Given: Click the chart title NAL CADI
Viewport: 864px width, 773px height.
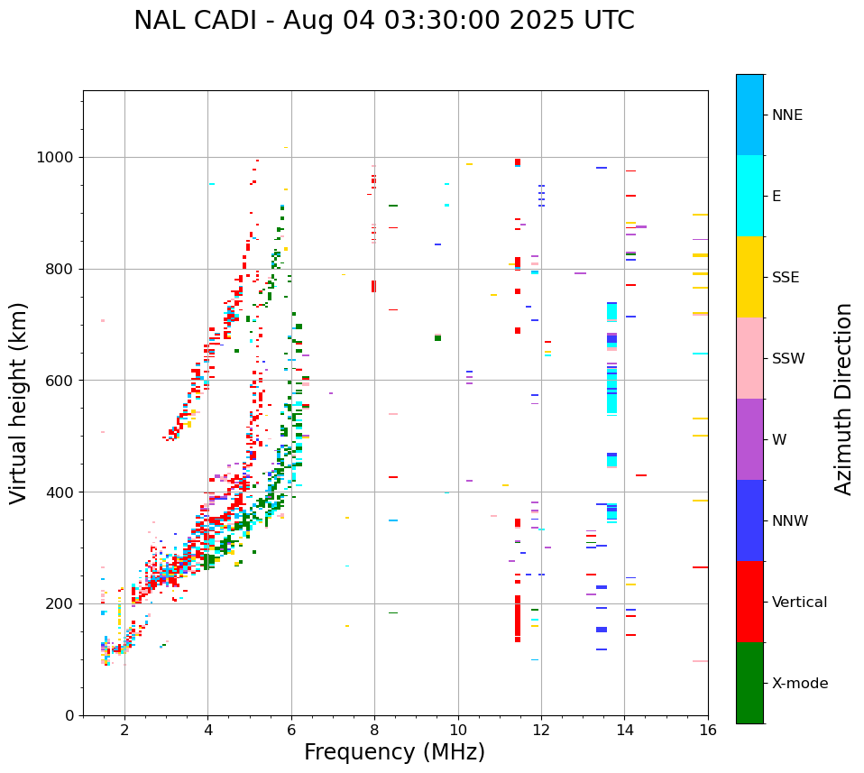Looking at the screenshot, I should coord(383,21).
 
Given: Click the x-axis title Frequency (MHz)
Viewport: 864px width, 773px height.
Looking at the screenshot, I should coord(394,752).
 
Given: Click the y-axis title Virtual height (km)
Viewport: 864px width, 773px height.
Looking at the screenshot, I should coord(19,402).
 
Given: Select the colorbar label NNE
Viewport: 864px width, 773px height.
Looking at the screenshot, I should coord(786,115).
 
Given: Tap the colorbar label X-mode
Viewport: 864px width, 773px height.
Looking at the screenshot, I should coord(799,684).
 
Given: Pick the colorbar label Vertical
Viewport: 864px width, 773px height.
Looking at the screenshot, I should coord(799,603).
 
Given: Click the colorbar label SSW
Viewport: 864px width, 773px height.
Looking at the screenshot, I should coord(787,359).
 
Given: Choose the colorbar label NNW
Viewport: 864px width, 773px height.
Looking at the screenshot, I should coord(789,521).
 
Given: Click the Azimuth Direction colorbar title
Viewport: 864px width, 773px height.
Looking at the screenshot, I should coord(843,399).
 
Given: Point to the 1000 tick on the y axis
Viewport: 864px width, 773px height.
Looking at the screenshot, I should coord(60,158).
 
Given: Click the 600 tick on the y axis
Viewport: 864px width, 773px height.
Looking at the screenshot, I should coord(63,381).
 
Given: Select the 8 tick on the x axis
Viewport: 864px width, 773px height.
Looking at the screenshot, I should coord(374,730).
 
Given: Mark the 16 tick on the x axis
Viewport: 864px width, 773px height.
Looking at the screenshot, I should coord(707,730).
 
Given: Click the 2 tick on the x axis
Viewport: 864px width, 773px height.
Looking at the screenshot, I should coord(124,730).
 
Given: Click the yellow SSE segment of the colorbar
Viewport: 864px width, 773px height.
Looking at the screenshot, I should coord(749,277).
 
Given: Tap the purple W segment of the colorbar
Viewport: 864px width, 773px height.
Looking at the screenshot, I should coord(749,439).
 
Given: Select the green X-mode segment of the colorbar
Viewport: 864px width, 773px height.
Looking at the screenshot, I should coord(749,683).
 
